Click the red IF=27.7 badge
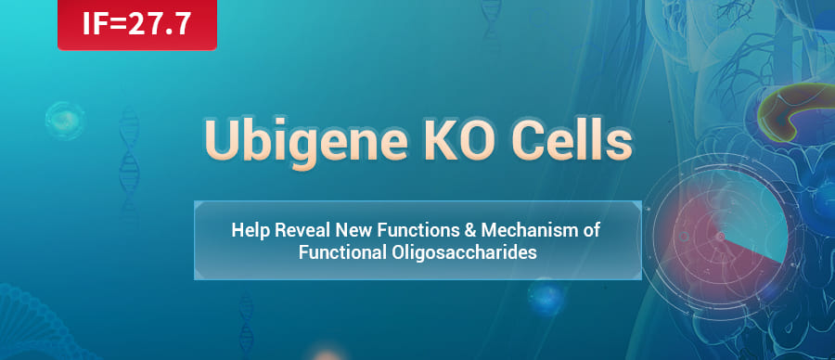coord(137,24)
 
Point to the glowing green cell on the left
coord(65,121)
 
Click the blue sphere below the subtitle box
coord(546,298)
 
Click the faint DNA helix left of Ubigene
coord(129,156)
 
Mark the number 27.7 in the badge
coord(160,25)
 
